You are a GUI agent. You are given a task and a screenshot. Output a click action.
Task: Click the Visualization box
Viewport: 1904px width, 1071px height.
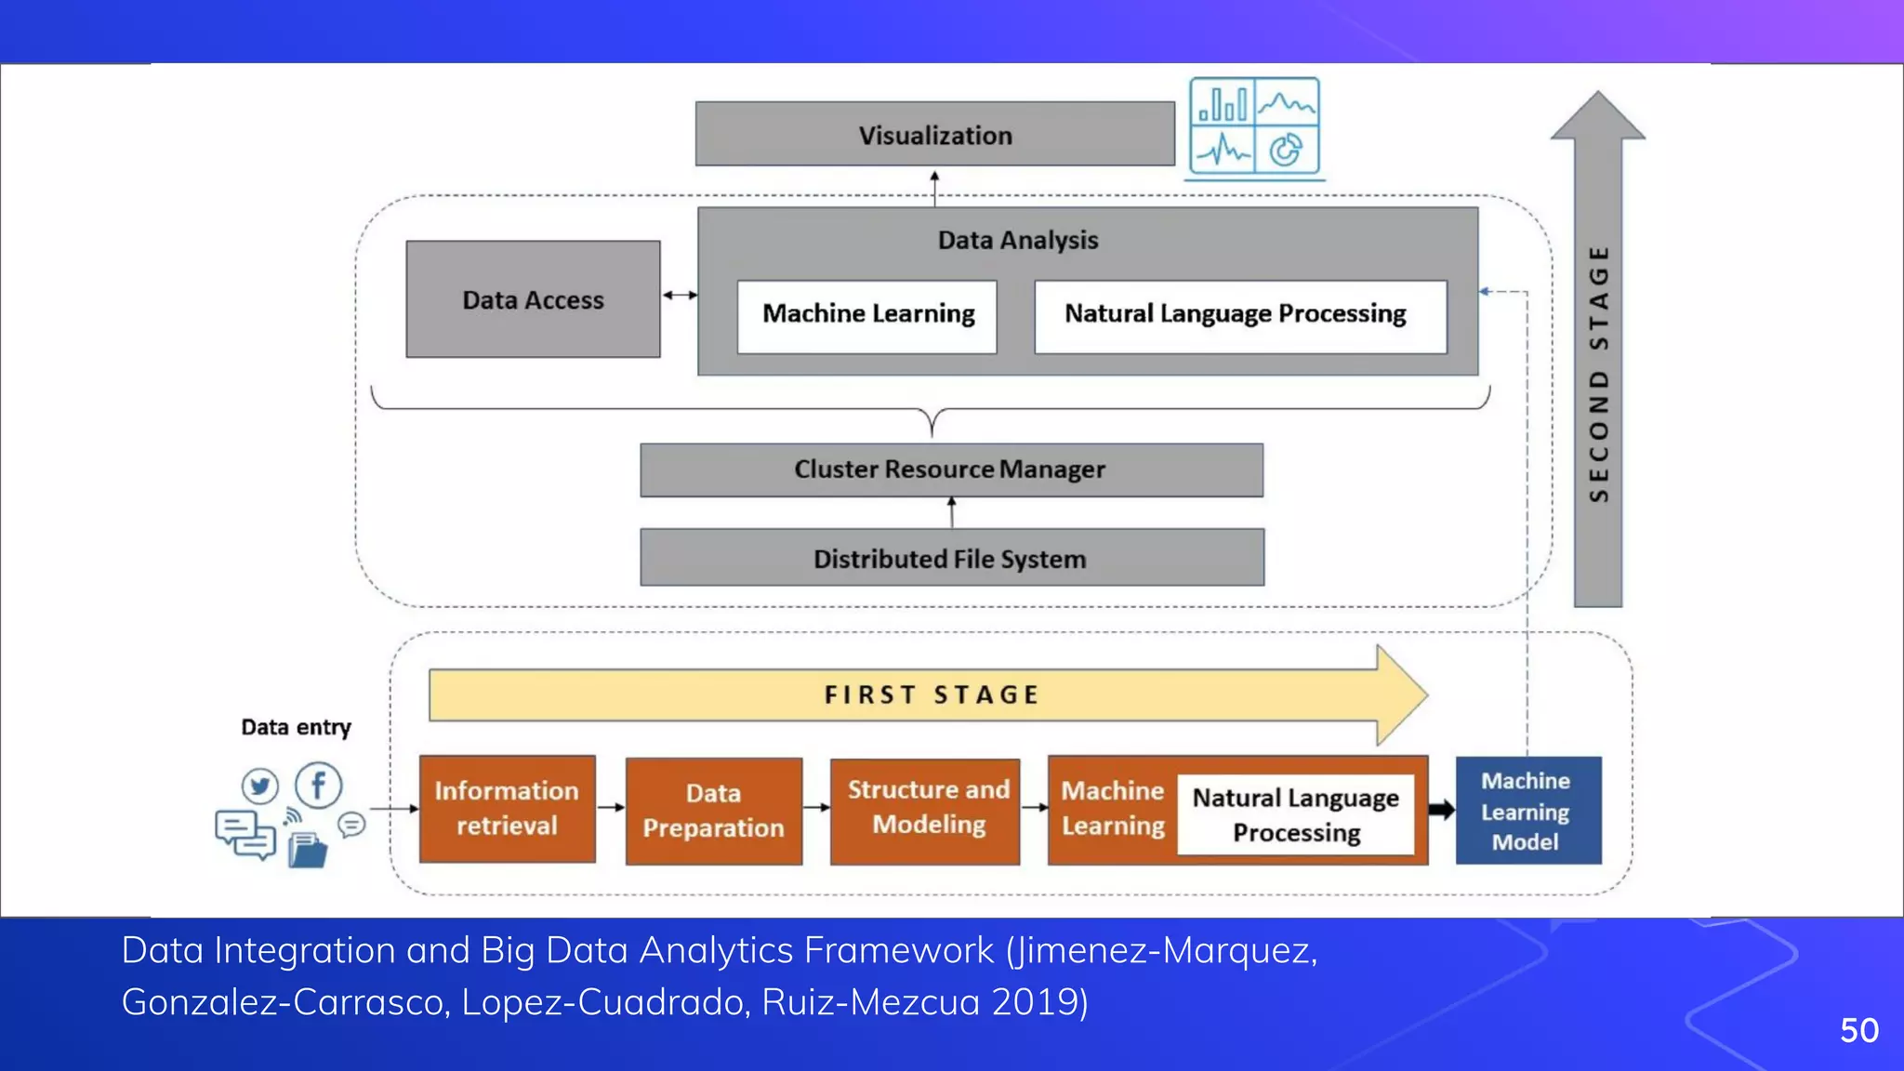tap(934, 135)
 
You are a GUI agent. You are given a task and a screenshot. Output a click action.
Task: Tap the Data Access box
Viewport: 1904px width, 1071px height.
tap(533, 299)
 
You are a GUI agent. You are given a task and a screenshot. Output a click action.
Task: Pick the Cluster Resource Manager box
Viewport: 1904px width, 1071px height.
tap(951, 469)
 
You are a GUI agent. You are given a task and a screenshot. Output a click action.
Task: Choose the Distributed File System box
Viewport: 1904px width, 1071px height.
tap(951, 558)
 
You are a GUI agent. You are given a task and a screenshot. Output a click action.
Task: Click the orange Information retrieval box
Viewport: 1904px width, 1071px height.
tap(507, 809)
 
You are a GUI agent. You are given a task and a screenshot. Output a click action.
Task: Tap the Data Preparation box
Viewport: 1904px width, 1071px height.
tap(713, 811)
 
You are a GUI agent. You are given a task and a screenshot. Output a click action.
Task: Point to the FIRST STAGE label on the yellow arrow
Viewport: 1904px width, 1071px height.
tap(931, 694)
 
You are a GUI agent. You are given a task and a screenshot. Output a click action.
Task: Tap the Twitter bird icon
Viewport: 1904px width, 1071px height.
tap(259, 787)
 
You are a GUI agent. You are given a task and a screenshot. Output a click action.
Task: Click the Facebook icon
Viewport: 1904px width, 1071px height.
tap(318, 786)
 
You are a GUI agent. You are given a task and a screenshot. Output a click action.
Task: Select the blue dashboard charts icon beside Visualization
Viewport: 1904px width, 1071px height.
tap(1254, 126)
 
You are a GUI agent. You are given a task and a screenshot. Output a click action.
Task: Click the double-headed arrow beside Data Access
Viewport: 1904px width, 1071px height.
tap(680, 296)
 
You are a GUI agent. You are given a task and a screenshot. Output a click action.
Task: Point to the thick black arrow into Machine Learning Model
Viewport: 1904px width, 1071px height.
tap(1441, 810)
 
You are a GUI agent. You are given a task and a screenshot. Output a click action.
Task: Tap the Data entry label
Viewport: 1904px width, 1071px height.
tap(296, 727)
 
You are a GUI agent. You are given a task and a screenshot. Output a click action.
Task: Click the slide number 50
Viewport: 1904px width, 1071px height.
tap(1858, 1030)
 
